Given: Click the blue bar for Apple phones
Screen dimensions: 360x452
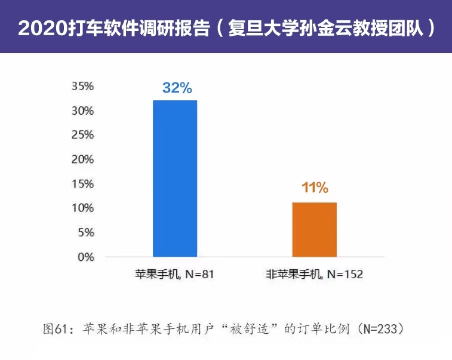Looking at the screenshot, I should coord(175,179).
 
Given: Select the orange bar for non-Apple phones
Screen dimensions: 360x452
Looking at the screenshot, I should coord(314,230).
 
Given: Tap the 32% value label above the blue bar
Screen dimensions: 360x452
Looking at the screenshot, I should coord(177,88).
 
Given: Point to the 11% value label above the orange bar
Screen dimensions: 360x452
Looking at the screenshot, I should coord(315,188).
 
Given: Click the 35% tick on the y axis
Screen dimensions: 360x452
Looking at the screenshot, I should coord(83,87).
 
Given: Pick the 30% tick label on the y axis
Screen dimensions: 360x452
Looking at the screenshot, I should coord(83,111).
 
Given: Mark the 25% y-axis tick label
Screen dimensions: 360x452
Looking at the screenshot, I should coord(83,136).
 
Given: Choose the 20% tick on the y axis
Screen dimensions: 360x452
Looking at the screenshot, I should coord(83,160).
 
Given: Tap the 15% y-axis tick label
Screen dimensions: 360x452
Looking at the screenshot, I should coord(83,184).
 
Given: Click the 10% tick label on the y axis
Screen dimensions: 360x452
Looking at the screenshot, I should coord(83,208).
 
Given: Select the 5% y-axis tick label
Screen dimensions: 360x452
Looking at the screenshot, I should coord(86,233).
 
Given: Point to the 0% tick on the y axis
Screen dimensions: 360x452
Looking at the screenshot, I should coord(86,257).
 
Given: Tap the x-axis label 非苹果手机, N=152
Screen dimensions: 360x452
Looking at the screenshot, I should coord(315,275).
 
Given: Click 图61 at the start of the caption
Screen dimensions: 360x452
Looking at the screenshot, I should coord(57,329).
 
